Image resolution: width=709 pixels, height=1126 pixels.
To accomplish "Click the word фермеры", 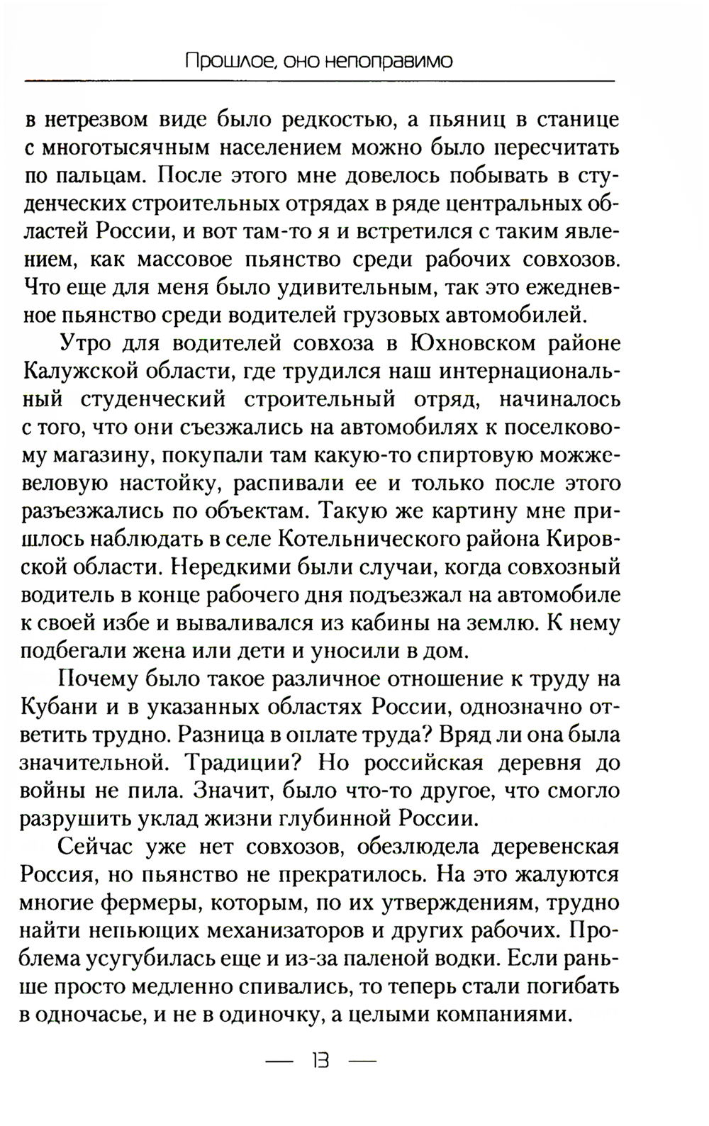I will tap(147, 903).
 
